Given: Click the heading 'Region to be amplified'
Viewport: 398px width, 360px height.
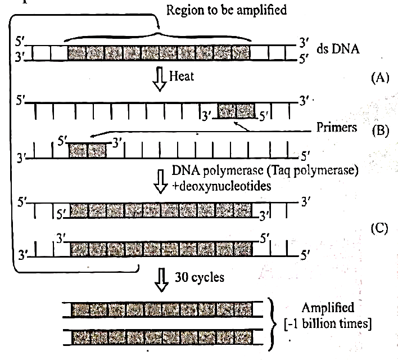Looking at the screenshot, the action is (227, 11).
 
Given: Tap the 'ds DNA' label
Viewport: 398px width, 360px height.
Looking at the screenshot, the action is (338, 48).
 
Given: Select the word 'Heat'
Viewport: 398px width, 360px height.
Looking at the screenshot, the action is (182, 76).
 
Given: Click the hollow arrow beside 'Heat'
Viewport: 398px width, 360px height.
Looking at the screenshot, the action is (160, 79).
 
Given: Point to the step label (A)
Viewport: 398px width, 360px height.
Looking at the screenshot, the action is (380, 78).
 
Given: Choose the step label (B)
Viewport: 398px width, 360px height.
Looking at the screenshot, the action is (381, 131).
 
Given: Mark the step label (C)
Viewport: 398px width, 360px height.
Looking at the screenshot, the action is (379, 228).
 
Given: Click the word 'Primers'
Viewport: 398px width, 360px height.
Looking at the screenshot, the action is (337, 127).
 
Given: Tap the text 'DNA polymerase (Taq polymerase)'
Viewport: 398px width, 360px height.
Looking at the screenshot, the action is (265, 170).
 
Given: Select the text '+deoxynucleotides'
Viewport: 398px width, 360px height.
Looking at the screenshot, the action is (221, 186).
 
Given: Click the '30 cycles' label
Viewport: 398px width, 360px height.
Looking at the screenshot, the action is (200, 277).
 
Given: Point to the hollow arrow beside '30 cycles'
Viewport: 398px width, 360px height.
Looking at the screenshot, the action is (161, 280).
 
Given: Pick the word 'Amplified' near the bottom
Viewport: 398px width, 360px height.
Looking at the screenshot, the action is (328, 308).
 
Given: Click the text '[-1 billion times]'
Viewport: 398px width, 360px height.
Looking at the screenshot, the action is (328, 324).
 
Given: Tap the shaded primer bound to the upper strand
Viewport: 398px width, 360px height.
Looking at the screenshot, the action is (236, 111).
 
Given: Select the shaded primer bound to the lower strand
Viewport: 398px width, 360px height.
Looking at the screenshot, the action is (88, 151).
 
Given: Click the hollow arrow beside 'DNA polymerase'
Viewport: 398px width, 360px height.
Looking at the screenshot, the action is (161, 182).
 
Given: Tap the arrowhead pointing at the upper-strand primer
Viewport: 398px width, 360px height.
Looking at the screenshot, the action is (236, 123).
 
